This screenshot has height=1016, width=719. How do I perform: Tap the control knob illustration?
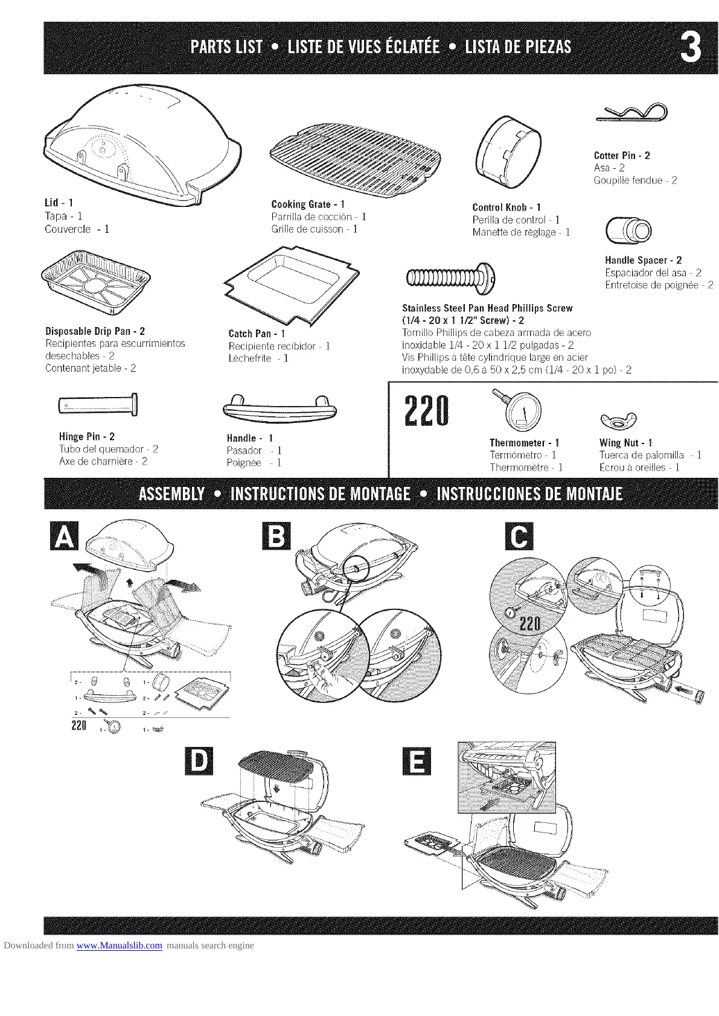pyautogui.click(x=508, y=150)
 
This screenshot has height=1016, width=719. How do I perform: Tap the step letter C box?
pyautogui.click(x=519, y=536)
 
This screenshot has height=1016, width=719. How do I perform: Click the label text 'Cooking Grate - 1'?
pyautogui.click(x=308, y=204)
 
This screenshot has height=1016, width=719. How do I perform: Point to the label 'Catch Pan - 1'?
pyautogui.click(x=257, y=333)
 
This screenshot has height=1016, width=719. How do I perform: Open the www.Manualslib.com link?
pyautogui.click(x=120, y=945)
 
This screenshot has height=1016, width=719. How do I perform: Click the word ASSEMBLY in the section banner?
pyautogui.click(x=171, y=495)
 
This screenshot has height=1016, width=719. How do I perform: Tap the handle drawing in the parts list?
pyautogui.click(x=279, y=408)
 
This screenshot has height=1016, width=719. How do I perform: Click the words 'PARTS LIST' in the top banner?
pyautogui.click(x=226, y=47)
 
